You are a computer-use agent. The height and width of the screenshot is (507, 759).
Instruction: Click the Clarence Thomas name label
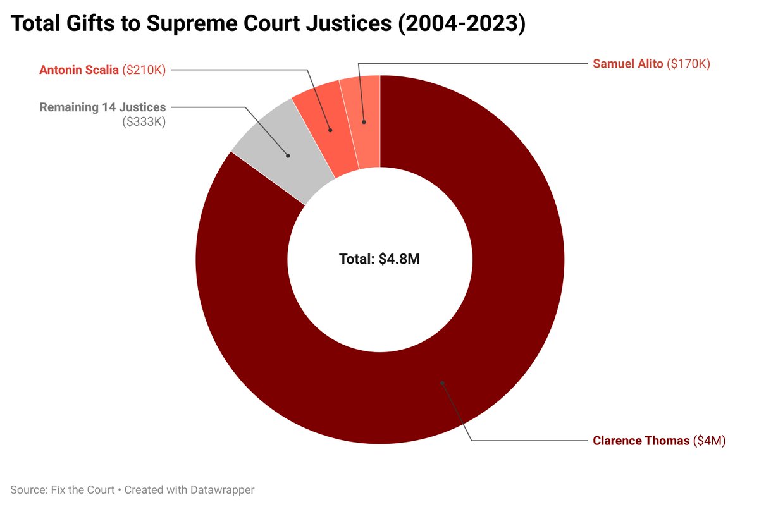(641, 441)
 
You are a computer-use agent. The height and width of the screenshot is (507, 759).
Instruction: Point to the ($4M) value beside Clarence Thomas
(709, 441)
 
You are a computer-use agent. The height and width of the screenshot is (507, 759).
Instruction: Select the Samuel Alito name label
(628, 64)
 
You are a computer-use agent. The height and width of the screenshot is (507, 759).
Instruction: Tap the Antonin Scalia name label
(79, 70)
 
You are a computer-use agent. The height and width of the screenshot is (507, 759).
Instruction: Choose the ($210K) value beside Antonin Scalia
(144, 70)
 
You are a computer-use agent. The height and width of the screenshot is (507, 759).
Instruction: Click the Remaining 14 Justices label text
(102, 107)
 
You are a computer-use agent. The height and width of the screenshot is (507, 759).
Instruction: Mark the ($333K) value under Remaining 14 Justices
(144, 122)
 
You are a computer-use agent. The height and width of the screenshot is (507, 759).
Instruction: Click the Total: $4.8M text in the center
(379, 259)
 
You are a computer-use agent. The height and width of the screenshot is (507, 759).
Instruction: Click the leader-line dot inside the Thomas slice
(442, 382)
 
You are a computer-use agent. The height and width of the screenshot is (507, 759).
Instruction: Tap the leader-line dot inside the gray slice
(288, 155)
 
